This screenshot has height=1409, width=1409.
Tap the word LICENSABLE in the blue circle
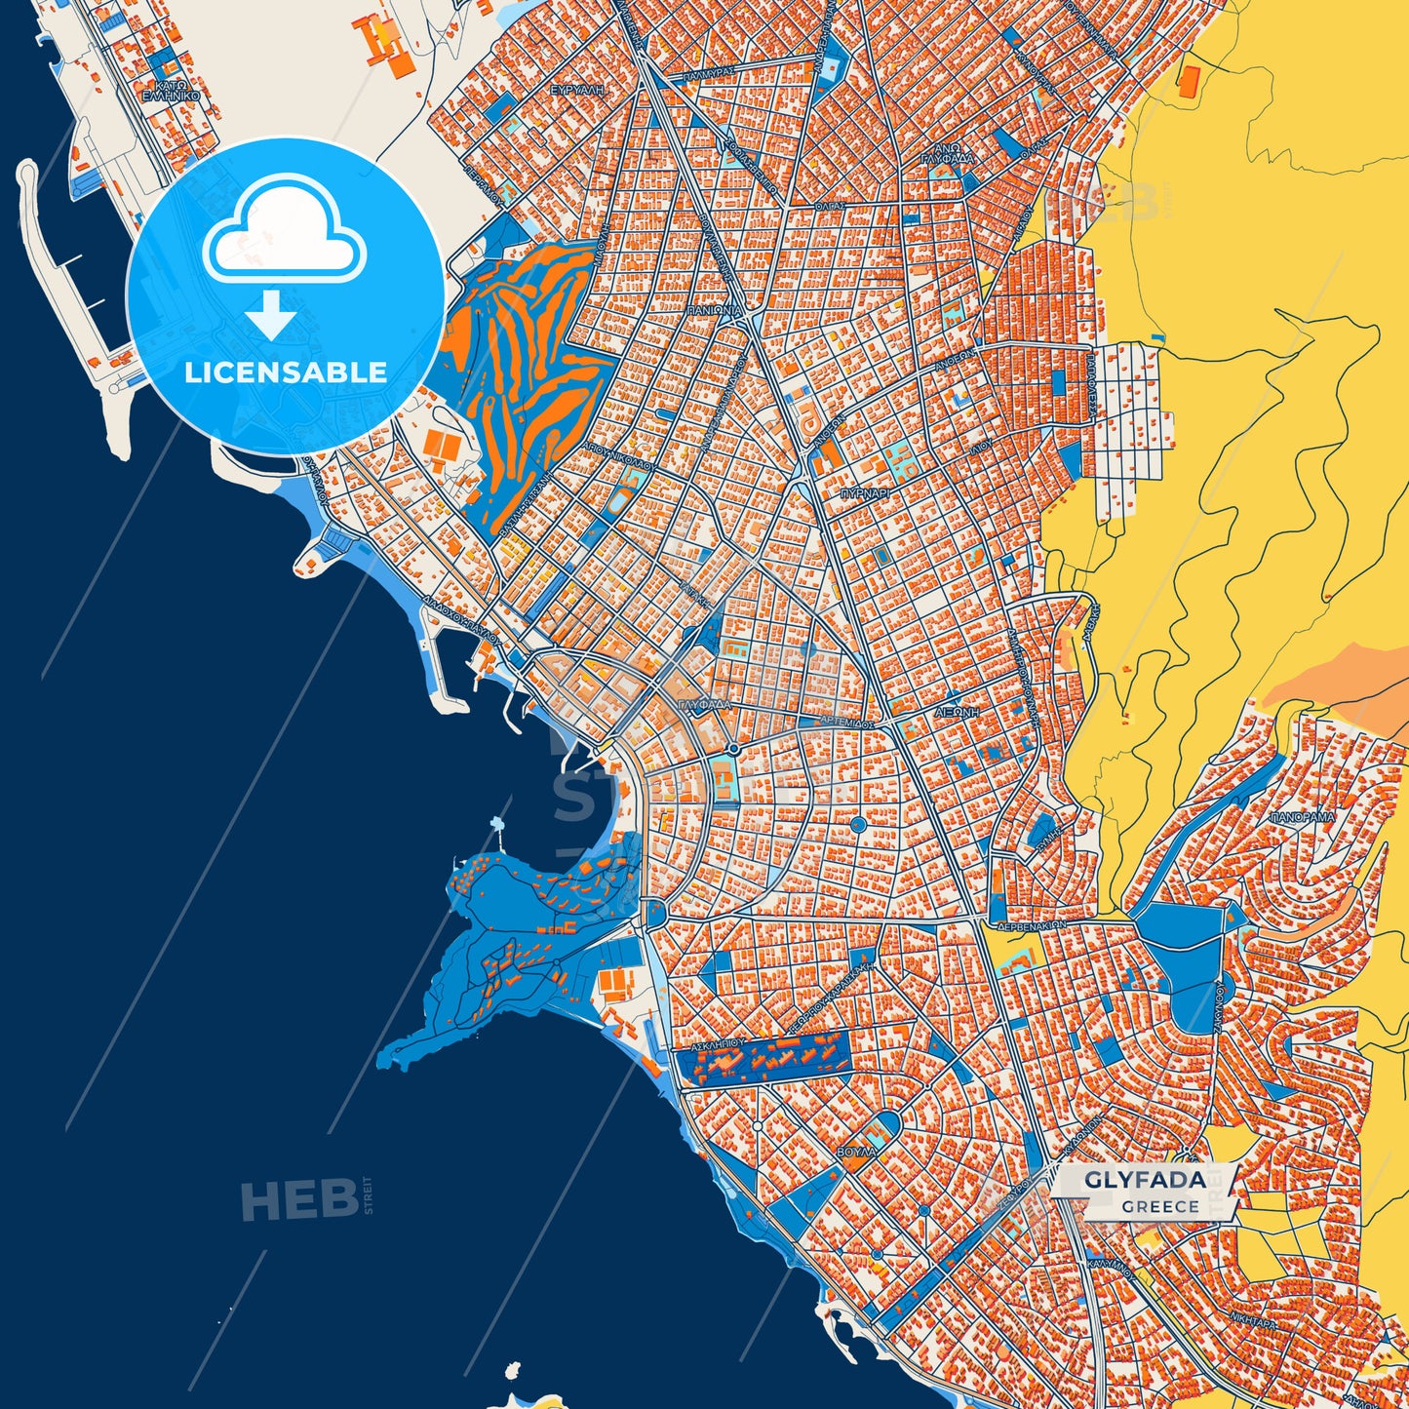tap(286, 372)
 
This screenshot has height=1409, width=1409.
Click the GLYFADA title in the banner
tap(1145, 1180)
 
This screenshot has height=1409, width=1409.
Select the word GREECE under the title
tap(1159, 1206)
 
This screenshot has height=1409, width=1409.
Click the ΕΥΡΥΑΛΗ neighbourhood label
tap(578, 89)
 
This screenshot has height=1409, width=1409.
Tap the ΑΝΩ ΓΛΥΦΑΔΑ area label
tap(947, 156)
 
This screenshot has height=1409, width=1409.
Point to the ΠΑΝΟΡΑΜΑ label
tap(1302, 817)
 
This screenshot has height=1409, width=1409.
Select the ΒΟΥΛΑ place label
tap(857, 1152)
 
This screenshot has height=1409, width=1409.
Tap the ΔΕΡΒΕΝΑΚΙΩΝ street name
tap(1031, 923)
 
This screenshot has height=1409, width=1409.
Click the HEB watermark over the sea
tap(301, 1199)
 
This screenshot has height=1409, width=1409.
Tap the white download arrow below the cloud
tap(271, 313)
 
